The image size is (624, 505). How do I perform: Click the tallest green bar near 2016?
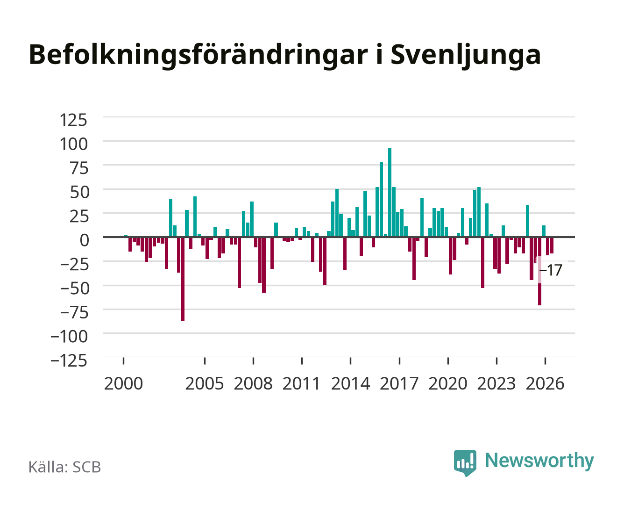click(390, 192)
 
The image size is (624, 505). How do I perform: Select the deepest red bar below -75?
click(183, 279)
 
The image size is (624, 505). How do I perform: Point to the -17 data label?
click(551, 270)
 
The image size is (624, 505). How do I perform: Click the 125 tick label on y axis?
click(73, 120)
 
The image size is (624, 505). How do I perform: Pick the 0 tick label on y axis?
click(85, 240)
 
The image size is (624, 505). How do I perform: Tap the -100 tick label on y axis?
click(69, 336)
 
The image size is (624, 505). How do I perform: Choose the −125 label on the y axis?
click(69, 361)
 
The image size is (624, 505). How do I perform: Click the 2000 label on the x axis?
click(123, 383)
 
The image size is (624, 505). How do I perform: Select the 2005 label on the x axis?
click(205, 383)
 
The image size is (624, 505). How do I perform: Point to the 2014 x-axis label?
click(350, 383)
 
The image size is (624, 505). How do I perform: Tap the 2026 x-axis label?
click(545, 383)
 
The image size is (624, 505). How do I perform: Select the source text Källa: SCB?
click(65, 467)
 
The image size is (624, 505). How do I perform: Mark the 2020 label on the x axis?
click(447, 383)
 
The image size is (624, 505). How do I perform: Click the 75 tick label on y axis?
click(79, 168)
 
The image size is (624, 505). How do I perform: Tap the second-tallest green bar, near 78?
click(382, 199)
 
